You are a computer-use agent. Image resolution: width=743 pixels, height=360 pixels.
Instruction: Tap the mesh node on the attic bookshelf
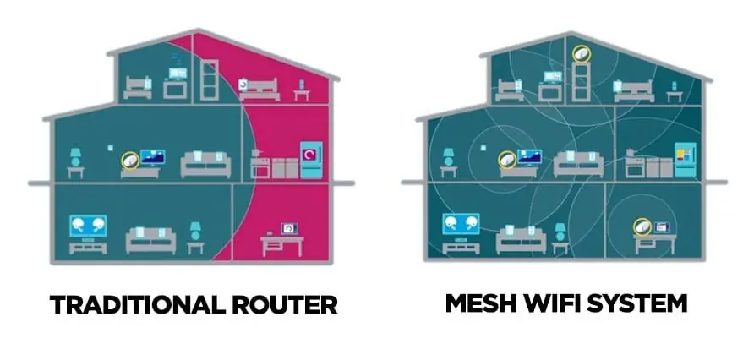(581, 53)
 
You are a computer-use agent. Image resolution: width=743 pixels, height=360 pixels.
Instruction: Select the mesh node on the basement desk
(643, 226)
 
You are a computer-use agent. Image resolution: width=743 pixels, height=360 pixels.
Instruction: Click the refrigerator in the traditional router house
(311, 159)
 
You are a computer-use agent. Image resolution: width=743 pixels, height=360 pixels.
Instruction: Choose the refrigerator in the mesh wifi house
(685, 159)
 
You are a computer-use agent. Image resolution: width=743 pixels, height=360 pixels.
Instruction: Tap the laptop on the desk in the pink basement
(289, 228)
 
